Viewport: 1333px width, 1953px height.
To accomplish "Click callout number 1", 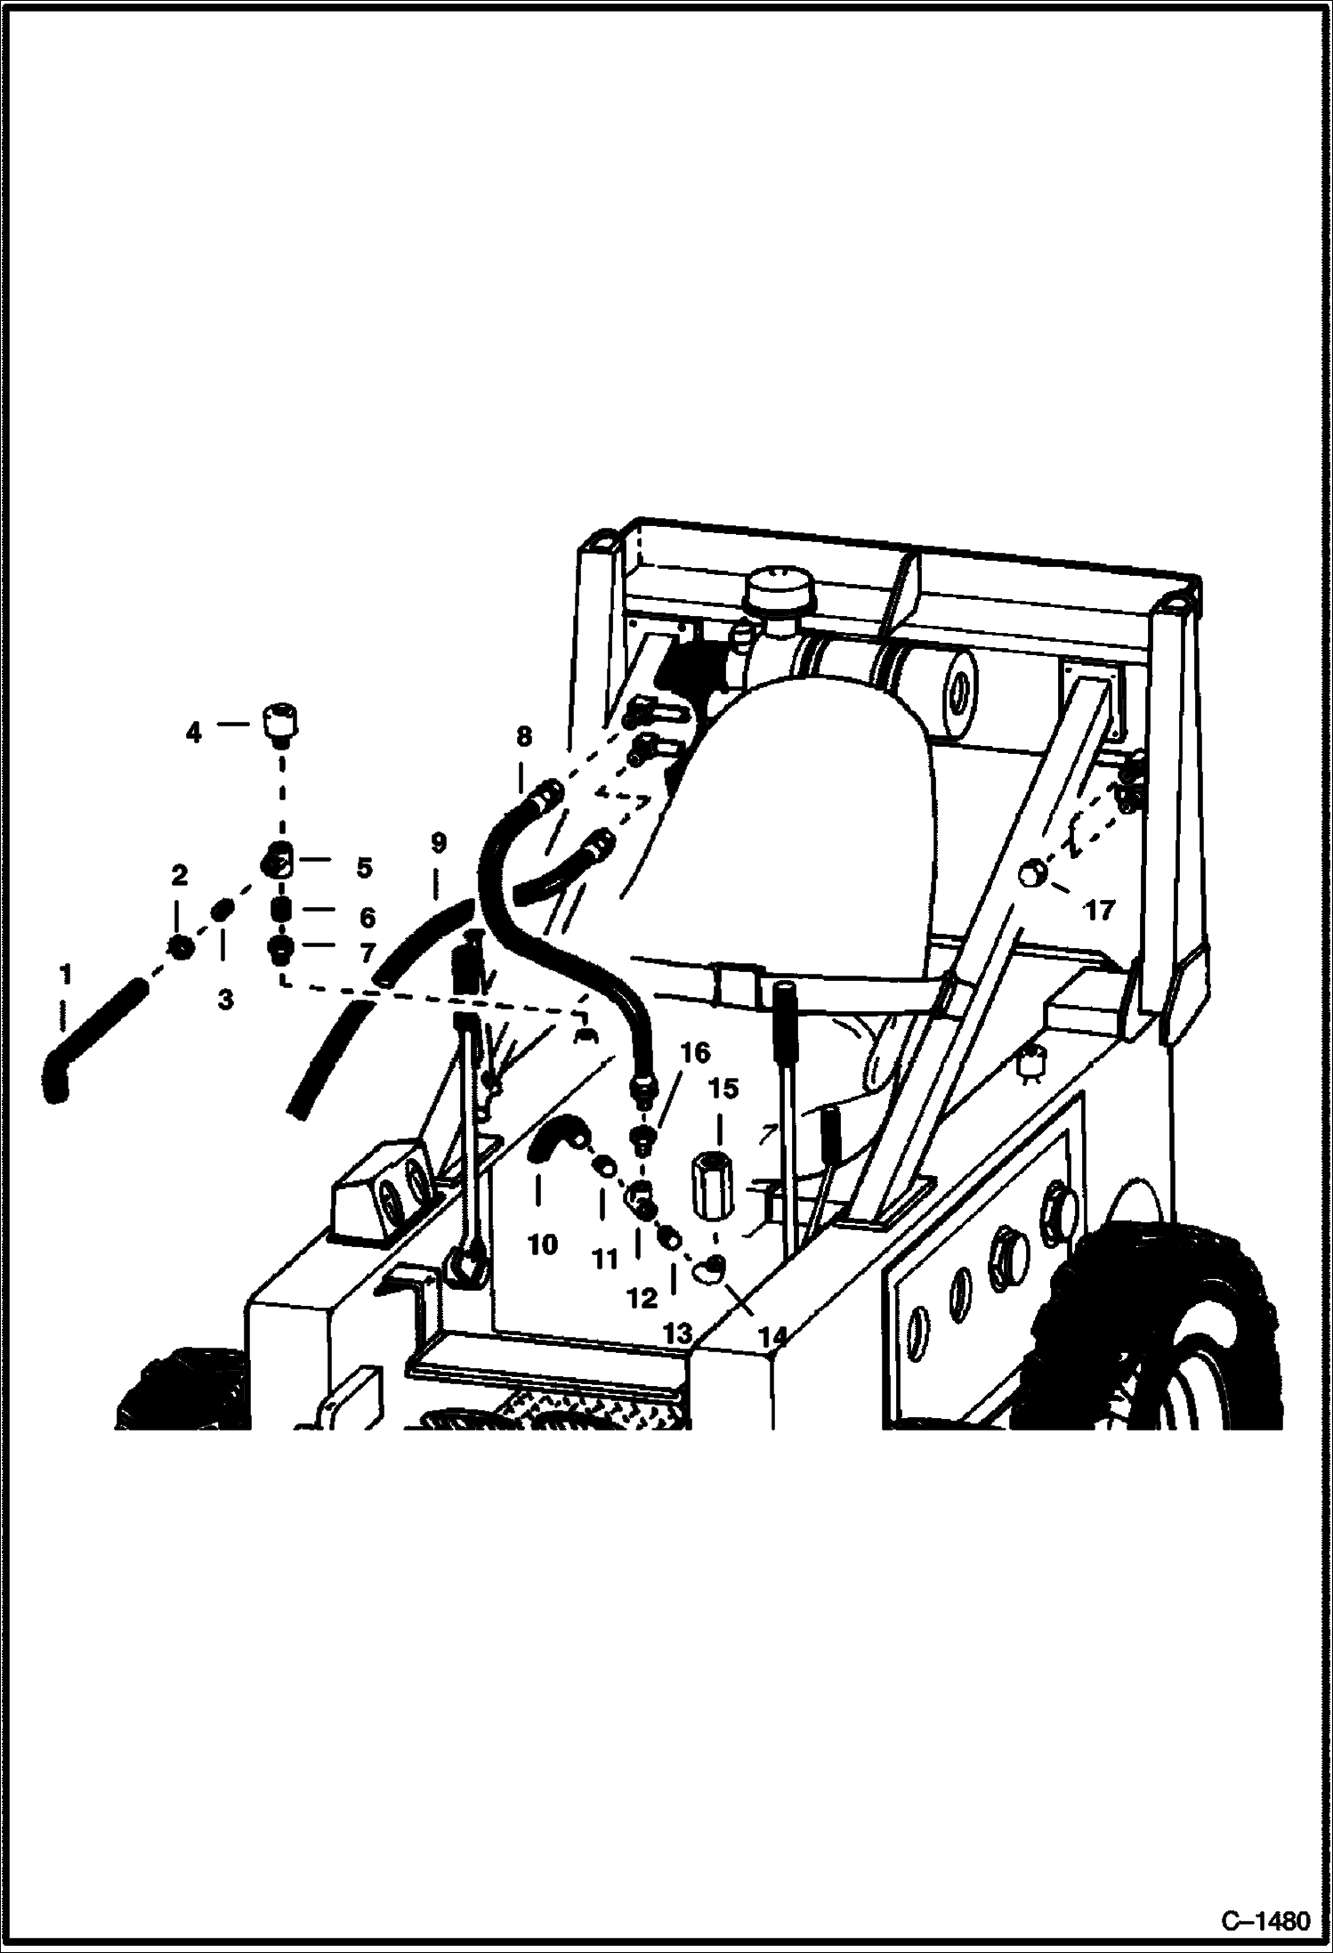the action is tap(65, 976).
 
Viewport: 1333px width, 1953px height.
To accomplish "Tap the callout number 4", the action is tap(193, 733).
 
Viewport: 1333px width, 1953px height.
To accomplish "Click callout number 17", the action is tap(1099, 911).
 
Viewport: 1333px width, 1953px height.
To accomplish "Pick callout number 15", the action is tap(724, 1090).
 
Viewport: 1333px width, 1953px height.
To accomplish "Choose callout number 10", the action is tap(542, 1244).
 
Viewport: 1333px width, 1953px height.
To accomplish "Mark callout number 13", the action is tap(678, 1333).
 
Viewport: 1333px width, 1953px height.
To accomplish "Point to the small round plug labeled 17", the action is tap(1031, 873).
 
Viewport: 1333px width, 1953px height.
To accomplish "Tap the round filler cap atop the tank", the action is tap(776, 591).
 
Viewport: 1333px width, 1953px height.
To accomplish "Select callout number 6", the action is tap(367, 918).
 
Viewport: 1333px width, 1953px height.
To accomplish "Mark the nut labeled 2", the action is tap(180, 948).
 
